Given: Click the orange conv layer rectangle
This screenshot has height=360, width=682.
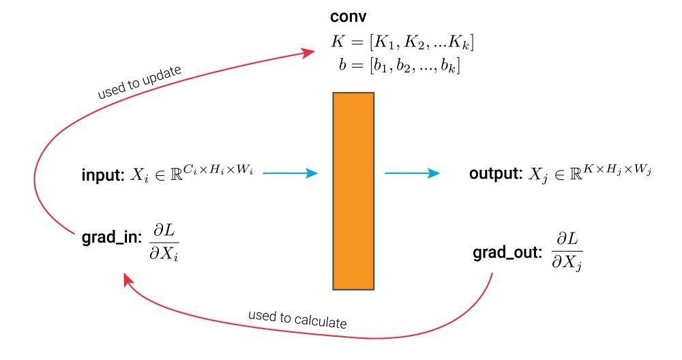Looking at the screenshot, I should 353,190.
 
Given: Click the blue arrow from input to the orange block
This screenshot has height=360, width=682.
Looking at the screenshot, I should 291,174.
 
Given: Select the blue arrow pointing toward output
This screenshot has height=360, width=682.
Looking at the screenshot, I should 412,174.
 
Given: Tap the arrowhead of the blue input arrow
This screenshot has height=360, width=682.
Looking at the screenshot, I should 312,174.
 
